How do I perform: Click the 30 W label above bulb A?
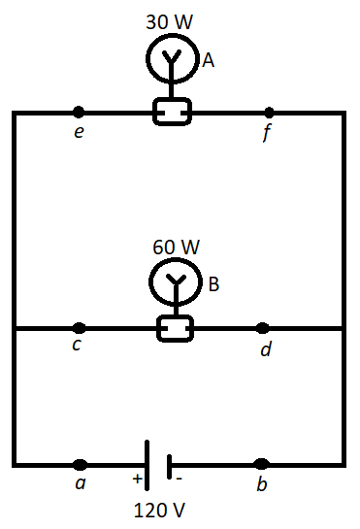170,20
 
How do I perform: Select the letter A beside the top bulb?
208,60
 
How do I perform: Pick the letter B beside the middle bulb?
214,284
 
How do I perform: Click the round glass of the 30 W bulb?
172,59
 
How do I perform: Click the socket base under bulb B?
176,329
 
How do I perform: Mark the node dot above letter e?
78,113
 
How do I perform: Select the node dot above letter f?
269,113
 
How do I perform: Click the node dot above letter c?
79,329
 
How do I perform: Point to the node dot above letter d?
262,329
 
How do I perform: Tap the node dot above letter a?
80,465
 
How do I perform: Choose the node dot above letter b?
261,465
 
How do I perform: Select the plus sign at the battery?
137,479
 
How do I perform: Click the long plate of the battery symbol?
147,464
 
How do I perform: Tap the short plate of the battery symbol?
168,465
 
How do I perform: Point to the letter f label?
266,134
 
